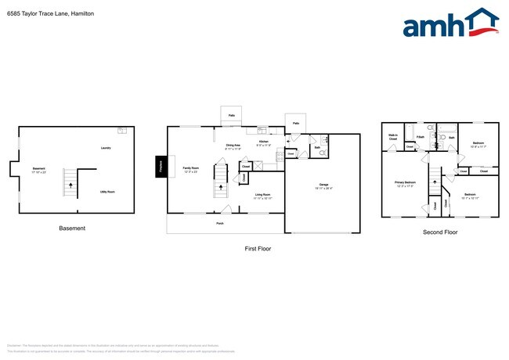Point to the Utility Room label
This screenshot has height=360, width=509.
(107, 191)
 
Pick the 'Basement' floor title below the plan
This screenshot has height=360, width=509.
(72, 229)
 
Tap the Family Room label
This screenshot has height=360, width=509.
(191, 169)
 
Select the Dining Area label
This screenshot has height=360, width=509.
(233, 146)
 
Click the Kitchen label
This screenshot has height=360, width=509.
(264, 142)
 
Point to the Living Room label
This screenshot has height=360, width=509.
(262, 195)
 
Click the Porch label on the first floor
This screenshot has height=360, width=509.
(221, 223)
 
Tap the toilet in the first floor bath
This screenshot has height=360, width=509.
(323, 154)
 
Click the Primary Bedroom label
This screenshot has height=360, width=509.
(405, 183)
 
